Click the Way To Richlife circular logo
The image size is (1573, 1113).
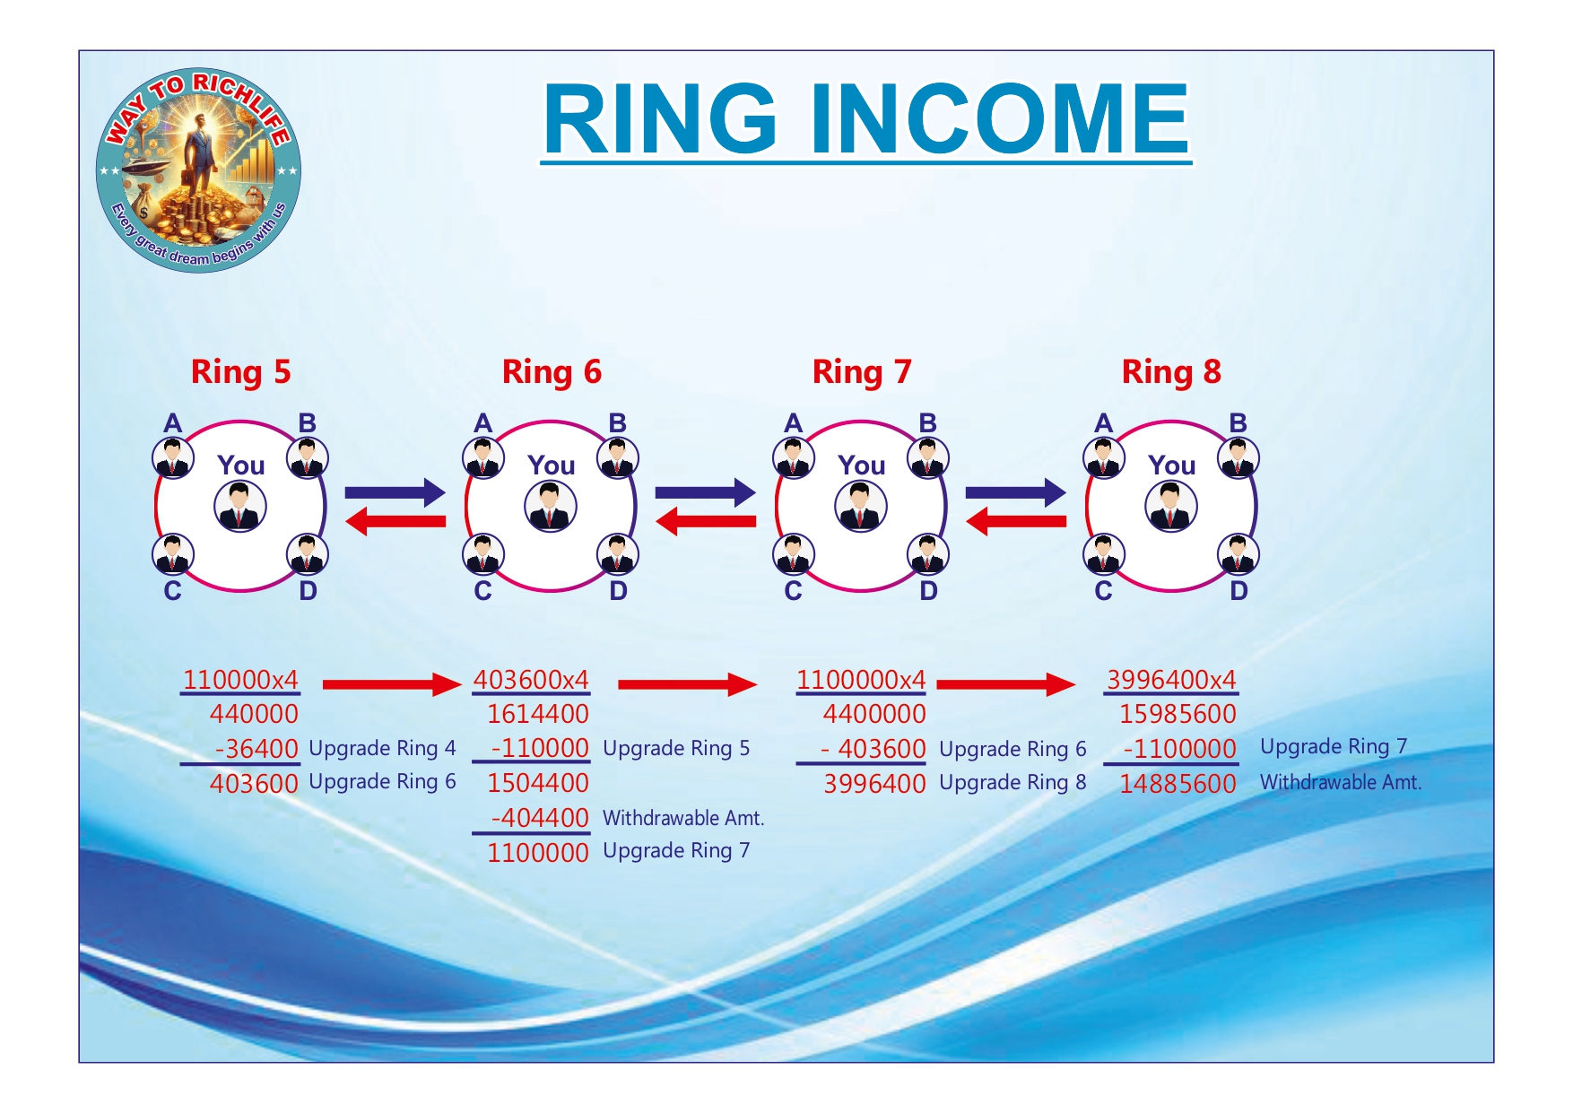(x=198, y=170)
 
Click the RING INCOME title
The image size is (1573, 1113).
(x=866, y=119)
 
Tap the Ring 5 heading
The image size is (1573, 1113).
(x=241, y=371)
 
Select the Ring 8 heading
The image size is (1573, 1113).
(x=1171, y=371)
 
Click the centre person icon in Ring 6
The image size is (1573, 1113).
(x=551, y=506)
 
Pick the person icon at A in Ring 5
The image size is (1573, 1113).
(x=173, y=458)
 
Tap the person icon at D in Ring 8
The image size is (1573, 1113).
(x=1238, y=554)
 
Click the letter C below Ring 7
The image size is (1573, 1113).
(x=793, y=591)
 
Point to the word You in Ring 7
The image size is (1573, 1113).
(x=862, y=465)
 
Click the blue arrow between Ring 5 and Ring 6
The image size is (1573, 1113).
(x=395, y=491)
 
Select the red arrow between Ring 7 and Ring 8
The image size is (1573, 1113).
(x=1016, y=521)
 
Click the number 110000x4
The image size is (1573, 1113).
(x=240, y=680)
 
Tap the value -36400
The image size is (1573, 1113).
(x=256, y=748)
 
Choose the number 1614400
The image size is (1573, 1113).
(x=538, y=714)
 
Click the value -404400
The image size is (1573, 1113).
(x=540, y=817)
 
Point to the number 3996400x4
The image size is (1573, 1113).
(x=1171, y=680)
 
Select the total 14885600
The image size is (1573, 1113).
(x=1178, y=784)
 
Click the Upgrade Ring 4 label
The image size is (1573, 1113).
(x=382, y=748)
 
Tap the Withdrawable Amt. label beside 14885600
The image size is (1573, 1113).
(x=1341, y=782)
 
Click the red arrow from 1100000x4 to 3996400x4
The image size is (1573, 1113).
(x=1006, y=684)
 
